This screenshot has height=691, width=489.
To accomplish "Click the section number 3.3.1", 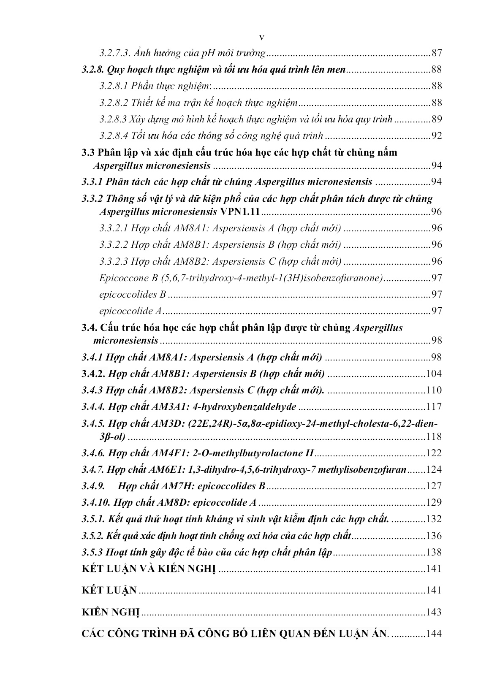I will point(92,182).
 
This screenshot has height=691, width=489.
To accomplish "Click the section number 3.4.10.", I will point(95,503).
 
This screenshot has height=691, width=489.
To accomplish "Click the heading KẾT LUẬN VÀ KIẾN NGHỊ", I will point(149,569).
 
